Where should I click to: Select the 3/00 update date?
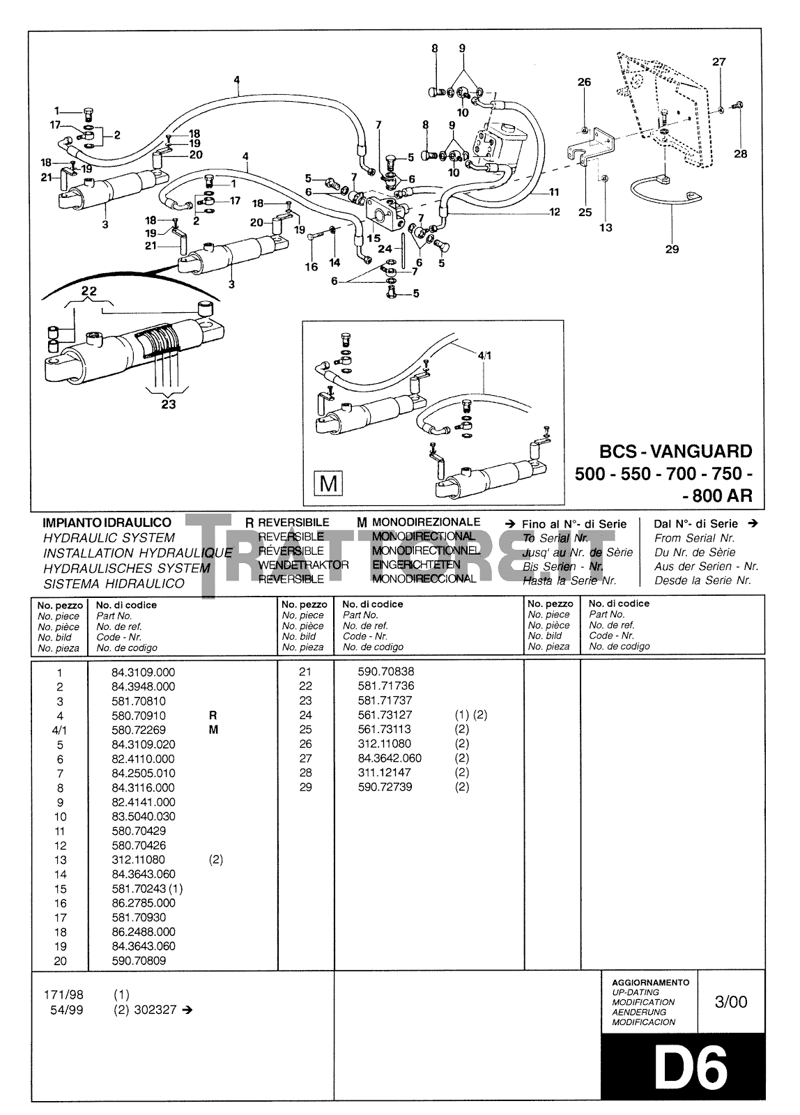coord(730,1002)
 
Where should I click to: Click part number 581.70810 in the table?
coord(139,701)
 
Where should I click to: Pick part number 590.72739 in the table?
coord(384,787)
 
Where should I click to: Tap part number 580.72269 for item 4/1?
coord(139,730)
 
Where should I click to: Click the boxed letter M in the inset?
coord(328,483)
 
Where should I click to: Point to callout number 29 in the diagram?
coord(672,249)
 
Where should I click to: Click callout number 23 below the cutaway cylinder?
coord(169,404)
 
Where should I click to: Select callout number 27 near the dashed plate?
coord(718,61)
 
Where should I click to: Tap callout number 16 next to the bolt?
coord(311,266)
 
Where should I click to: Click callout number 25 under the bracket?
coord(584,212)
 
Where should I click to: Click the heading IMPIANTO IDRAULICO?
coord(107,523)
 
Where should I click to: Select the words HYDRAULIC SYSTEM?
coord(109,538)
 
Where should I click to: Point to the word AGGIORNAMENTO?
coord(650,983)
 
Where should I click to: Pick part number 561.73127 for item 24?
coord(384,715)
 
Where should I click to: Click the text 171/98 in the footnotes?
coord(63,994)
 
